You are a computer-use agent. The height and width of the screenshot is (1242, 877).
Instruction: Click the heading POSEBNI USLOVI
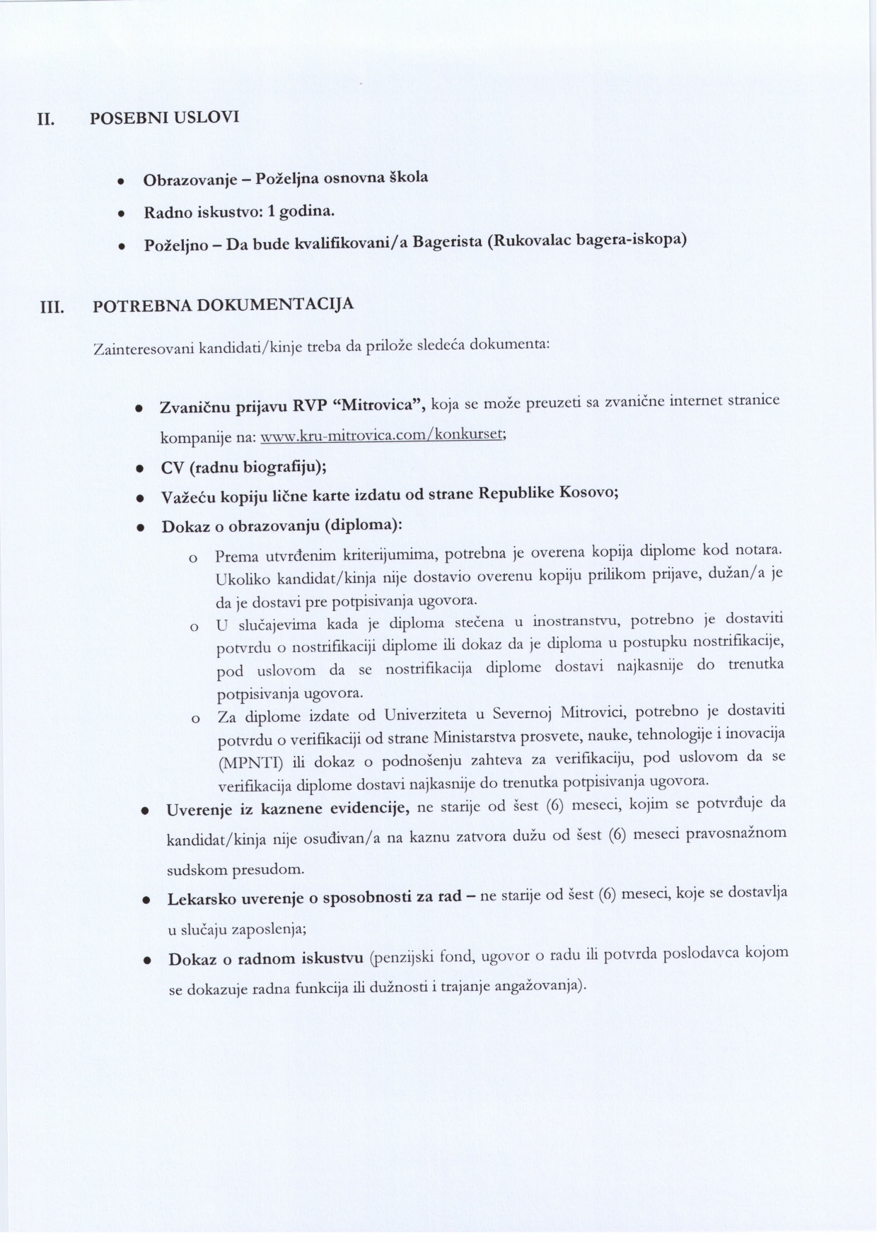165,117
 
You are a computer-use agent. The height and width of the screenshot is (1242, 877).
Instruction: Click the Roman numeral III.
52,308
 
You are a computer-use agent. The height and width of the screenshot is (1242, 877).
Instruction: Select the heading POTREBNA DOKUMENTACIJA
223,306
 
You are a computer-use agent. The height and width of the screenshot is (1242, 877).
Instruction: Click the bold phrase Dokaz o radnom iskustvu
265,959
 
